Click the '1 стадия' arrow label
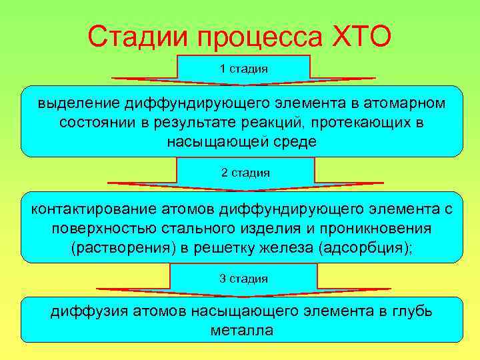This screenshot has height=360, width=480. (243, 69)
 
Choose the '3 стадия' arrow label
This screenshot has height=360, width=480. (244, 278)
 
